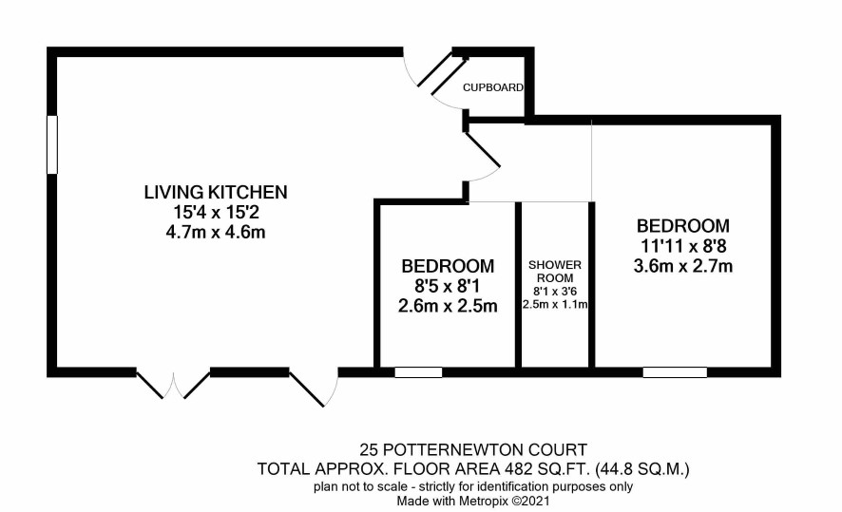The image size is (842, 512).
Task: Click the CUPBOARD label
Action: click(493, 87)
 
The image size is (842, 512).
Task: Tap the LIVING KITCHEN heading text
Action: click(216, 192)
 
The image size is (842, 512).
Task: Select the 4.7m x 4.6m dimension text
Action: click(216, 233)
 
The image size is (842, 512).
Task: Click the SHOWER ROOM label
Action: click(555, 272)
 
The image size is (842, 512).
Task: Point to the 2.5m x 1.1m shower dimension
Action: click(555, 305)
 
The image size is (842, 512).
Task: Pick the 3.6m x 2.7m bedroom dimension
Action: click(683, 266)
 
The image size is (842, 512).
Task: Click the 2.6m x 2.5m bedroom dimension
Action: click(448, 306)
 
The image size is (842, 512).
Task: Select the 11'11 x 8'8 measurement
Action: click(683, 246)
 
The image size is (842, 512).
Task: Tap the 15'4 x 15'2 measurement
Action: click(216, 213)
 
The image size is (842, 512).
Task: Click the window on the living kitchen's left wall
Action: click(52, 144)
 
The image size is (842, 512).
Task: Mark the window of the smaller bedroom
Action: click(418, 372)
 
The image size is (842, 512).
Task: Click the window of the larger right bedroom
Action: click(675, 372)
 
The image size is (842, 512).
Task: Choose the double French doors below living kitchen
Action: click(173, 384)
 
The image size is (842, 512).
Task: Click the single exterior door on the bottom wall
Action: click(315, 387)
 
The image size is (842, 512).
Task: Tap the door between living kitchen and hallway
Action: click(482, 152)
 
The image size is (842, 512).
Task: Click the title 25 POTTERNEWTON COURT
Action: click(473, 449)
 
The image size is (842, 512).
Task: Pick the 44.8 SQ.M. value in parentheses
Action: click(642, 469)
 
